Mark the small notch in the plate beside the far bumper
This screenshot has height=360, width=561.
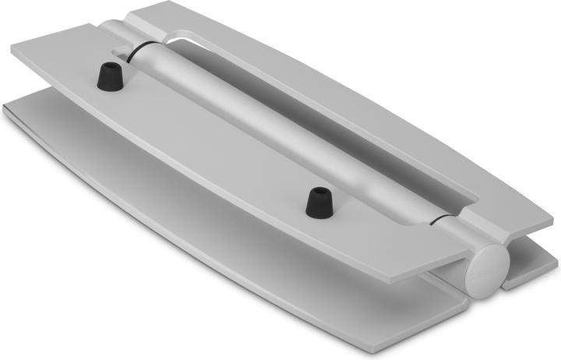121,52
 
